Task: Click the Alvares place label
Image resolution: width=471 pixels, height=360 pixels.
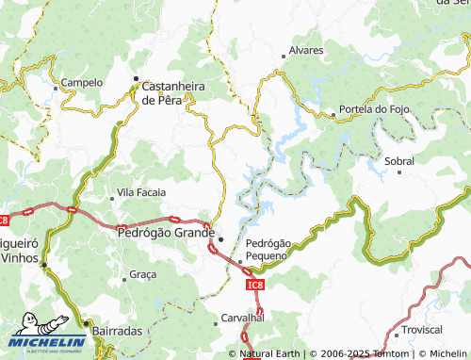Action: [x=306, y=50]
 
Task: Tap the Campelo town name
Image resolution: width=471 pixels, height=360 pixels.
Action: [x=81, y=83]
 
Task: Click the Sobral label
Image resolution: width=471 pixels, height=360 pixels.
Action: [x=399, y=161]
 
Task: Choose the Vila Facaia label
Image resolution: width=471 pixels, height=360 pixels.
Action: [x=140, y=192]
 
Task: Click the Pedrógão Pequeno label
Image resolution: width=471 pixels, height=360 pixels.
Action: [x=268, y=249]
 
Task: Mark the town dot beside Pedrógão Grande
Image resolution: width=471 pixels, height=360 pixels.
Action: [x=220, y=238]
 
